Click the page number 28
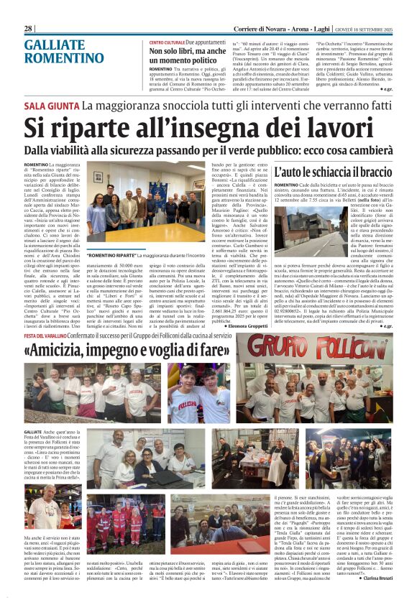29,28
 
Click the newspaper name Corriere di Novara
257,28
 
